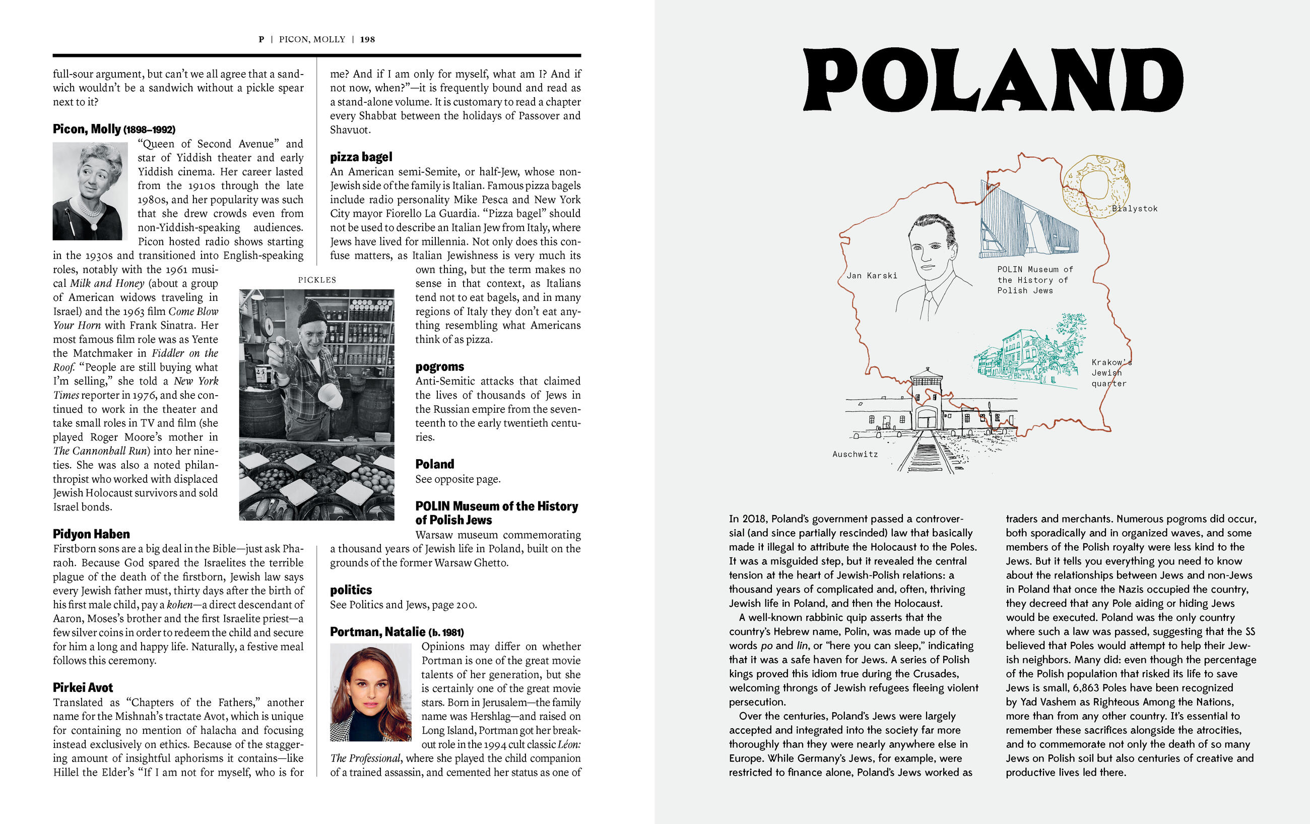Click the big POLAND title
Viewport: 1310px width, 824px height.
click(x=994, y=81)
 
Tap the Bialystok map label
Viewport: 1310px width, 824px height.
click(x=1134, y=209)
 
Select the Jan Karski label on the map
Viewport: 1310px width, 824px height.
click(x=872, y=275)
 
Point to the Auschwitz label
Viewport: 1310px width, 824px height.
click(x=855, y=454)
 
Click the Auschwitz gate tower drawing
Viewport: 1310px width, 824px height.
click(x=927, y=400)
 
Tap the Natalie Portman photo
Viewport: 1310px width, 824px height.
click(x=370, y=692)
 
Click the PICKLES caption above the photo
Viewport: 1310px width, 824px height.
click(x=316, y=280)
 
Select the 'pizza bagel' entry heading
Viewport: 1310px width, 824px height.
click(x=361, y=157)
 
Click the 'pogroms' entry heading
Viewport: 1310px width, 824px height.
click(x=439, y=367)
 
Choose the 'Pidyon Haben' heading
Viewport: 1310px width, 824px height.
click(x=91, y=534)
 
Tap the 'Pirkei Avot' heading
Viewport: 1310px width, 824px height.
click(x=83, y=687)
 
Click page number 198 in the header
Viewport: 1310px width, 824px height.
click(x=367, y=39)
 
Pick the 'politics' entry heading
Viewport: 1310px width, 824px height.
click(x=351, y=590)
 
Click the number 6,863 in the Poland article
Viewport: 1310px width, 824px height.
click(x=1090, y=688)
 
